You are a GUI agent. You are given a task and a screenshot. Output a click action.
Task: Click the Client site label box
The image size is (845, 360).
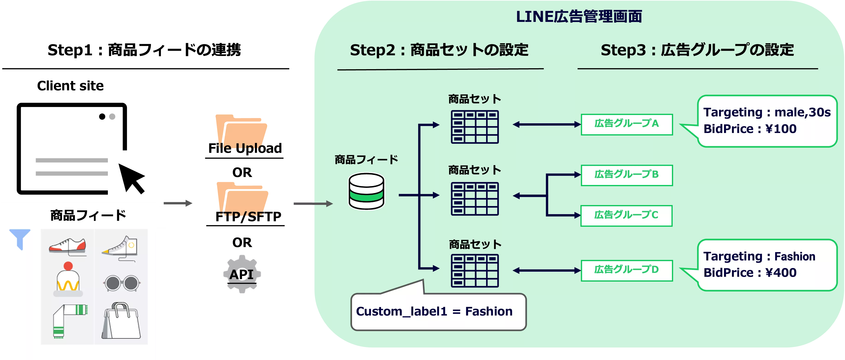tap(71, 87)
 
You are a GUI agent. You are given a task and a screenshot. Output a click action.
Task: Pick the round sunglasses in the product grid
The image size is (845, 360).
tap(122, 283)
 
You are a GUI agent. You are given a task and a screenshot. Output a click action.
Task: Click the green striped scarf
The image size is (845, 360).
tap(70, 320)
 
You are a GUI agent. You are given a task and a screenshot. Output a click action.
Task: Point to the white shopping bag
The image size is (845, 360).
tap(121, 321)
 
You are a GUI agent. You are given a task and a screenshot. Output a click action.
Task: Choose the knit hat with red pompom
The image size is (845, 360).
tap(68, 279)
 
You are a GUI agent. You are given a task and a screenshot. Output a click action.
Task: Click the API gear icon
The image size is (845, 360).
tap(242, 274)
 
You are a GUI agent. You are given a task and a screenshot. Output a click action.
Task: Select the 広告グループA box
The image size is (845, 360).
tap(626, 124)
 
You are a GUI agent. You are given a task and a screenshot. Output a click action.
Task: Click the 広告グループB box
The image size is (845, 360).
tap(626, 175)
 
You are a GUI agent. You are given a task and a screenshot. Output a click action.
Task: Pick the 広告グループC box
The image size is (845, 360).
tap(626, 215)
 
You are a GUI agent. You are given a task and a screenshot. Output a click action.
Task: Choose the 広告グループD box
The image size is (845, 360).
tap(626, 270)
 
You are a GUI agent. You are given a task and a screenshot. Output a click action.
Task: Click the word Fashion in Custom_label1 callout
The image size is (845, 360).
tap(489, 311)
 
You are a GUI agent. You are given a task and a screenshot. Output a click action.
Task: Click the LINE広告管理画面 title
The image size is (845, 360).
tap(579, 16)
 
